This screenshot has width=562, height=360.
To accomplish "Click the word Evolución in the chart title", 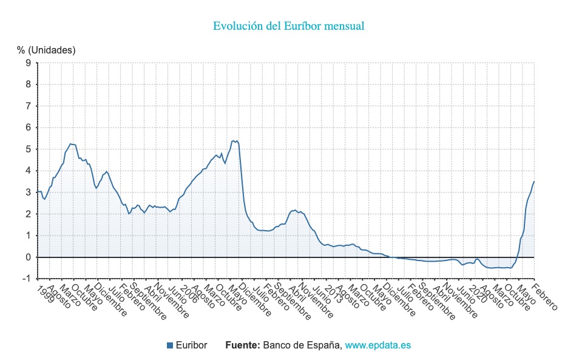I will (237, 26).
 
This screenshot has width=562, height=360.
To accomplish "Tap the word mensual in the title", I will (344, 26).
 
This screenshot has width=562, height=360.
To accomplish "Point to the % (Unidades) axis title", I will (46, 50).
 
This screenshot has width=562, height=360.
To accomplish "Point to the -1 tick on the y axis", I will (27, 279).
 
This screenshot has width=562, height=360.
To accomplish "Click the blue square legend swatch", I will (170, 345).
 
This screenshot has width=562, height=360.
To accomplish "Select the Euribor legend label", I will (191, 345).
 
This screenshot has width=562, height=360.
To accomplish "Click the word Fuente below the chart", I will (242, 345).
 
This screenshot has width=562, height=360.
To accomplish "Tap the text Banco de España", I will (302, 345).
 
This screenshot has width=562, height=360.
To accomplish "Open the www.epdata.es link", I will (378, 345).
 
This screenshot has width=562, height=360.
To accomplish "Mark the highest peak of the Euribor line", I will (234, 141).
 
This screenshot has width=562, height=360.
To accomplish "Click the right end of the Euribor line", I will (534, 182).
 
